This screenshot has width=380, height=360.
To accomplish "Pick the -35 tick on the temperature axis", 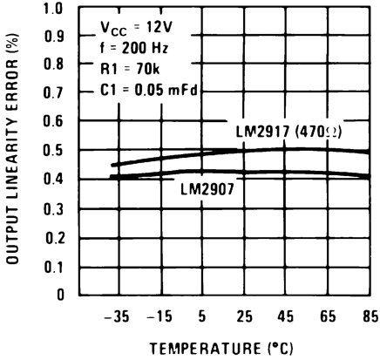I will [x=116, y=315].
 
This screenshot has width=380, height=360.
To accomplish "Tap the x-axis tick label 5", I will [x=201, y=315].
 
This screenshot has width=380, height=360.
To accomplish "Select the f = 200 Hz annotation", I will [x=130, y=49].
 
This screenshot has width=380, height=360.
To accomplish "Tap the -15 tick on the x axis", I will [x=159, y=315].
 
